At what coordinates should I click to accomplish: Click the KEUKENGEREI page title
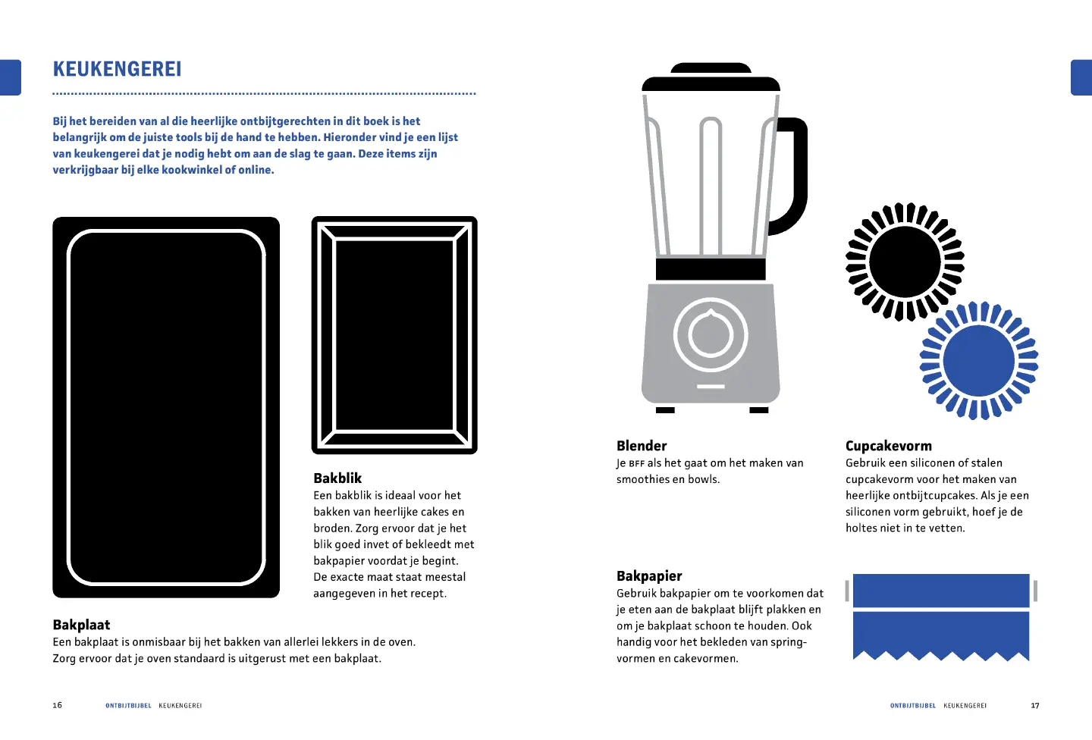(x=117, y=69)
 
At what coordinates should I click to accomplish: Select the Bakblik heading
(x=337, y=478)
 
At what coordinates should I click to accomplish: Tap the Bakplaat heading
(x=81, y=625)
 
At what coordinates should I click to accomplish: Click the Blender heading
(x=641, y=446)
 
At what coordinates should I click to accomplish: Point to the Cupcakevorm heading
(x=888, y=446)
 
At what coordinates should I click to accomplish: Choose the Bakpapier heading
(x=649, y=575)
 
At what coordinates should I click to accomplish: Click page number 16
(x=58, y=705)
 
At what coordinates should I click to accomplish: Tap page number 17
(x=1034, y=705)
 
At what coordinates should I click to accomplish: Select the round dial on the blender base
(x=711, y=334)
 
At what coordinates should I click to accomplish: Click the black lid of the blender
(x=711, y=77)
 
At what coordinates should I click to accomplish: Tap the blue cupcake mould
(x=979, y=361)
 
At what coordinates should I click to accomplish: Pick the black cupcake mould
(x=905, y=262)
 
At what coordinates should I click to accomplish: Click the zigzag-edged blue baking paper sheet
(x=941, y=636)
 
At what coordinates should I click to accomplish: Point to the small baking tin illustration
(x=394, y=335)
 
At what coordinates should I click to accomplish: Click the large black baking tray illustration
(x=166, y=408)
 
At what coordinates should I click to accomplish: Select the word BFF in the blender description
(x=637, y=463)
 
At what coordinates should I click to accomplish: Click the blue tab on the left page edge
(x=11, y=77)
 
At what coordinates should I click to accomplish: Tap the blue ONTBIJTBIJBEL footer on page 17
(x=912, y=705)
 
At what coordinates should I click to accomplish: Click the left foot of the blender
(x=665, y=410)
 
